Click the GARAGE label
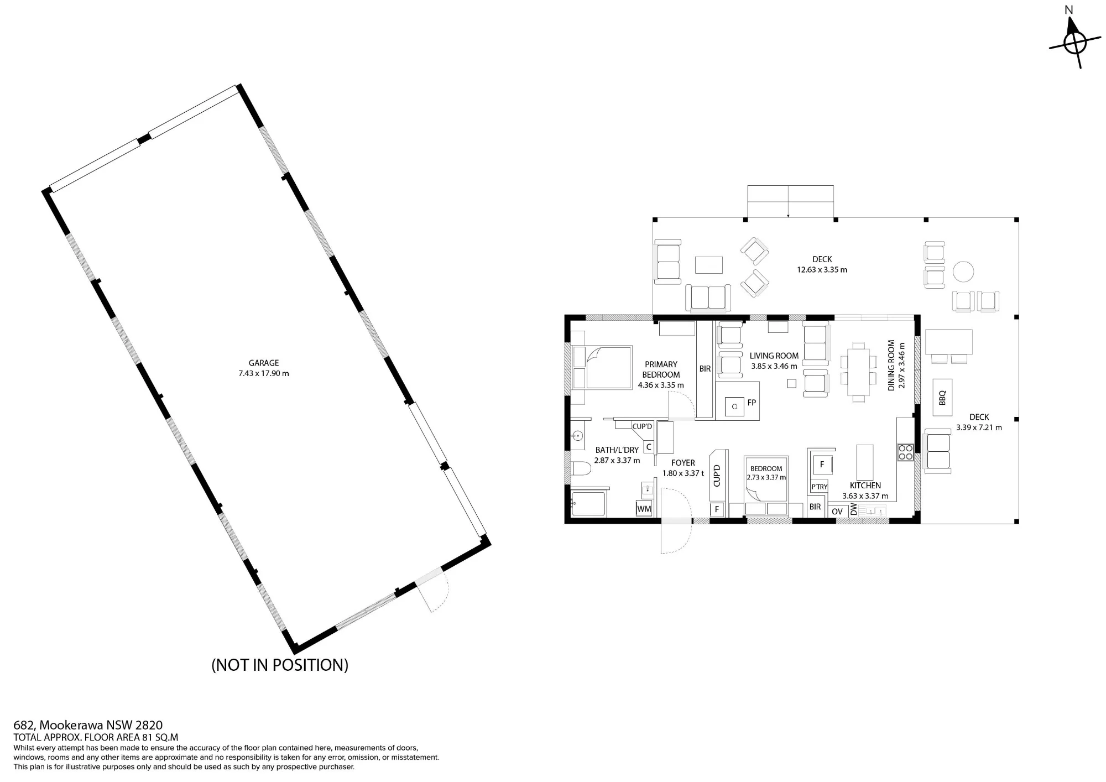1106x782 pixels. (264, 363)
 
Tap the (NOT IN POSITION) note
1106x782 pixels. (280, 665)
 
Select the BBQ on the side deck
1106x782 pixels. (943, 397)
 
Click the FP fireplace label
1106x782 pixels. (752, 403)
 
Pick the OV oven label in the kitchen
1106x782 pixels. (837, 512)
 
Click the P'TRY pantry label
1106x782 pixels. (820, 487)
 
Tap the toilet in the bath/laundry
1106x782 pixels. (581, 469)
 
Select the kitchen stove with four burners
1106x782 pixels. (905, 452)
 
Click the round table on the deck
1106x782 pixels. (963, 272)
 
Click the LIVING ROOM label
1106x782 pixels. (774, 356)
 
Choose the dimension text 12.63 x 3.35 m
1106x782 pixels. (822, 270)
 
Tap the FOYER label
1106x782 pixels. (683, 463)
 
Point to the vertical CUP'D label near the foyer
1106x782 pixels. (717, 476)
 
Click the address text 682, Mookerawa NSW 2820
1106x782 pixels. (88, 725)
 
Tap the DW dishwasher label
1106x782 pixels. (853, 509)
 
